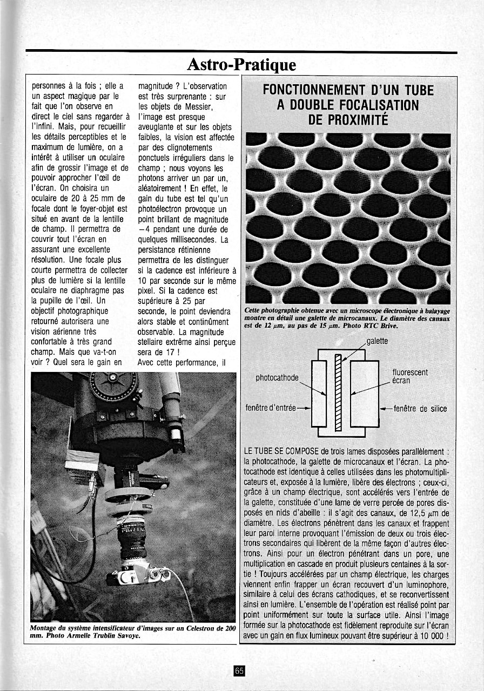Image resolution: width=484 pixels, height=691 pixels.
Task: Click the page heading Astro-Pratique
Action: click(241, 65)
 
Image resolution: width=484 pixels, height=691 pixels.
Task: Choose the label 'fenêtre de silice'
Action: click(420, 408)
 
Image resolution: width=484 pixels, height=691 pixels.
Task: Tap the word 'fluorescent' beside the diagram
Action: click(410, 372)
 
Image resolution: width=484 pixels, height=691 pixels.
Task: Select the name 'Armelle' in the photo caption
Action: click(84, 635)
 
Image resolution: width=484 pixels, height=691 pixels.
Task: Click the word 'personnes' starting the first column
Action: click(50, 86)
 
